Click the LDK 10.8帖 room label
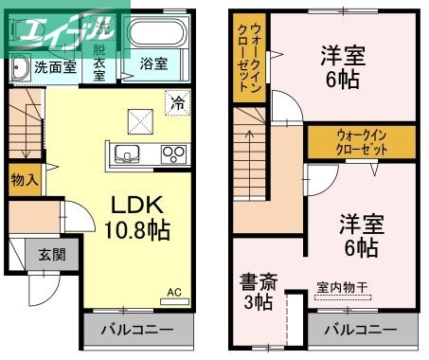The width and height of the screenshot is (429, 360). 139,217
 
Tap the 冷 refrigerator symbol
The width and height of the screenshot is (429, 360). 176,102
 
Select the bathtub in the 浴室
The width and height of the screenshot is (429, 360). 155,39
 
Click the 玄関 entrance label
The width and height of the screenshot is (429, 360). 52,254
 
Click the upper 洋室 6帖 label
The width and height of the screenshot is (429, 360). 342,67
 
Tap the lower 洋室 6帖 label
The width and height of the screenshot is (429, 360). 359,237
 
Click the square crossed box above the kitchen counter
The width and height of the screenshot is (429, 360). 140,118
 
